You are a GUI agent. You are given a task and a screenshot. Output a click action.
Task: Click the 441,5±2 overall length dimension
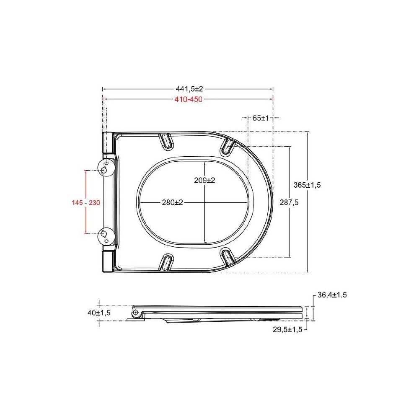pyautogui.click(x=189, y=89)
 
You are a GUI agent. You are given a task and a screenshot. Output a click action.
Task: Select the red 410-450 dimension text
pyautogui.click(x=189, y=99)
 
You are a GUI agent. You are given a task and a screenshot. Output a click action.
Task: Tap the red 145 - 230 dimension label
pyautogui.click(x=86, y=202)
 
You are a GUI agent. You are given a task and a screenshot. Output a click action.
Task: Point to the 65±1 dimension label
pyautogui.click(x=261, y=118)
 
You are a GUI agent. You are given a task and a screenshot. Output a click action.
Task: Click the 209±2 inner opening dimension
pyautogui.click(x=204, y=180)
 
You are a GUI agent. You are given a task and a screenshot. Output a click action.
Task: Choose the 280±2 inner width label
pyautogui.click(x=172, y=202)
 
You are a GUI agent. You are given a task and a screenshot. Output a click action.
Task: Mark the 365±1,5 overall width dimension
pyautogui.click(x=307, y=185)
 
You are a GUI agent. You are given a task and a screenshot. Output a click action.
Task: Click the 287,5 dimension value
pyautogui.click(x=289, y=202)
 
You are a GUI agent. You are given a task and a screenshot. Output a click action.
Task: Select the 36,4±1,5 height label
pyautogui.click(x=332, y=295)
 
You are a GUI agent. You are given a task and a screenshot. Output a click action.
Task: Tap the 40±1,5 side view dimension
pyautogui.click(x=99, y=313)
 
